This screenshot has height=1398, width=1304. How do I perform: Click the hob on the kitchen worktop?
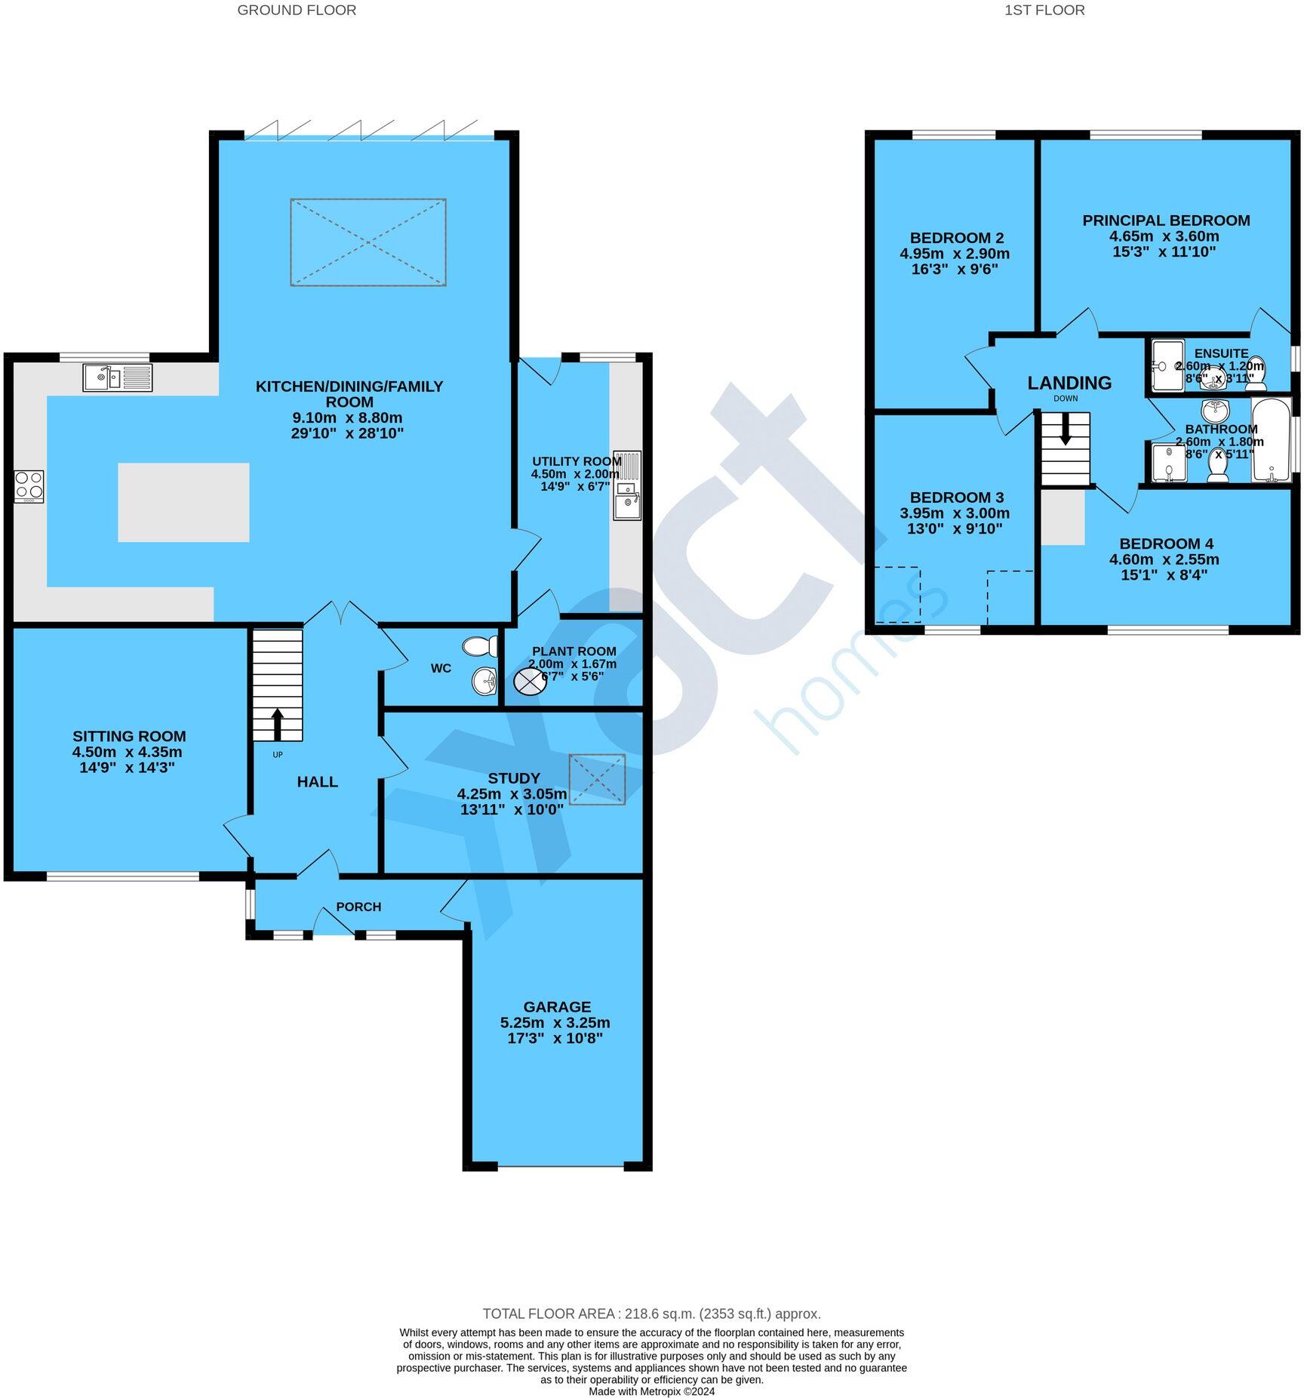[29, 487]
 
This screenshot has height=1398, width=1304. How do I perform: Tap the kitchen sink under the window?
[117, 377]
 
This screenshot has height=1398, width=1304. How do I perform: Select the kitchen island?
[183, 502]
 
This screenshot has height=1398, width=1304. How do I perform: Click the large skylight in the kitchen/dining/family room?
[368, 242]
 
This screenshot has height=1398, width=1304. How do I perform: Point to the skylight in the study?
[597, 779]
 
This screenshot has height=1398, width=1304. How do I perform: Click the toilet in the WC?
[480, 646]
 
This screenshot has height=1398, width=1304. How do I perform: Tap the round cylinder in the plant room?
[529, 682]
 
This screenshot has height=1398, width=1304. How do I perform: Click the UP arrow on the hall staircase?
[277, 724]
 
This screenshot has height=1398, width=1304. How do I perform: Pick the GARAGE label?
[557, 1007]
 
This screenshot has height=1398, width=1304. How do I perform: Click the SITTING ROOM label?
[129, 736]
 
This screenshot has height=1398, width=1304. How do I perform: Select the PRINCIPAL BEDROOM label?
[1166, 220]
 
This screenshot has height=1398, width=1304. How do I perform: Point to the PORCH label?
[358, 907]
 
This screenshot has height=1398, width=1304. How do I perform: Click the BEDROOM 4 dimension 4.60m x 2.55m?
[1164, 559]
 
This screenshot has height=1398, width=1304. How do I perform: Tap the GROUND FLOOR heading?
[297, 10]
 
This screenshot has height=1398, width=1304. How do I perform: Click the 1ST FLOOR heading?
[1044, 10]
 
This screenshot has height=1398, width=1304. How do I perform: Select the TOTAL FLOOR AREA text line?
[651, 1313]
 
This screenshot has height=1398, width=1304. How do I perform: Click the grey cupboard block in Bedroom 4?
[1063, 518]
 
